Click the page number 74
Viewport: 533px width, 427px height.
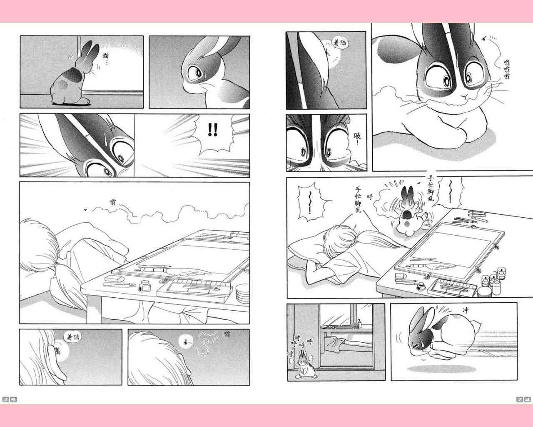(10, 400)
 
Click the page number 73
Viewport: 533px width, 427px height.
(523, 399)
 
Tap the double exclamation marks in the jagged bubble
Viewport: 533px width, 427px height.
(212, 130)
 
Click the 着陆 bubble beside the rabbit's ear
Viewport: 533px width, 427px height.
(340, 43)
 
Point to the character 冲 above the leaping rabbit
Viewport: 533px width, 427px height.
(466, 310)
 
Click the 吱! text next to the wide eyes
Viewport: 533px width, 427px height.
(357, 138)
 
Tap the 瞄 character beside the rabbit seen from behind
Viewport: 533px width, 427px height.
(106, 55)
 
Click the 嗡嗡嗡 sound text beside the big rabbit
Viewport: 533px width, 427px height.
(507, 69)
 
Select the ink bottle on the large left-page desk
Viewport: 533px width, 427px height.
(144, 286)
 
